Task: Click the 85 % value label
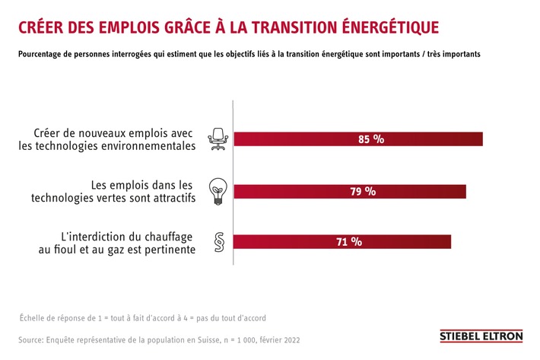tap(371, 139)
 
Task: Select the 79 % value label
tap(363, 191)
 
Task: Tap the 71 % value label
tap(349, 242)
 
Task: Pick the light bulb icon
tap(218, 191)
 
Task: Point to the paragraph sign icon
tap(218, 243)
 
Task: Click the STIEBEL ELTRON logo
tap(482, 336)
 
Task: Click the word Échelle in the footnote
tap(35, 317)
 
